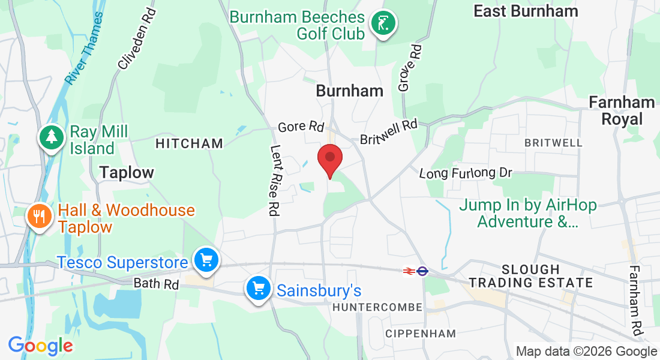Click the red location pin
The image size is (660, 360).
pyautogui.click(x=329, y=159)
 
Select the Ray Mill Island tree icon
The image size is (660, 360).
pyautogui.click(x=52, y=137)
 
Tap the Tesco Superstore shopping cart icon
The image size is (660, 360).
pyautogui.click(x=206, y=261)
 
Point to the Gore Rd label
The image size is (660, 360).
pyautogui.click(x=301, y=127)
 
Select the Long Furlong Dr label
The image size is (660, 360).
pyautogui.click(x=466, y=173)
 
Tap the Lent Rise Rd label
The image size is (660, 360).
pyautogui.click(x=276, y=180)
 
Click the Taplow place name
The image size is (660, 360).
pyautogui.click(x=127, y=173)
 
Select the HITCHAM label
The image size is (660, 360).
pyautogui.click(x=189, y=143)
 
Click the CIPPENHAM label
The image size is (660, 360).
pyautogui.click(x=421, y=333)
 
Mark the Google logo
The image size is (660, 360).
pyautogui.click(x=40, y=346)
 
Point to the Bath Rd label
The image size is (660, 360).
pyautogui.click(x=156, y=283)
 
